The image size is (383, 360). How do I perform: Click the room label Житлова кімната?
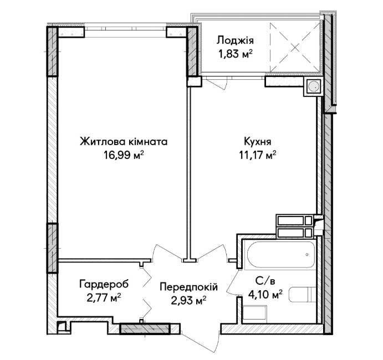click(x=124, y=142)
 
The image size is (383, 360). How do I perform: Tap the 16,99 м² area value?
click(x=124, y=155)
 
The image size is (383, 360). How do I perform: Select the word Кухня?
click(x=257, y=142)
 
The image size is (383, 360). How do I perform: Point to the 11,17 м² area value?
click(x=257, y=155)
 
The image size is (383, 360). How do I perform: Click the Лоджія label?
click(x=235, y=40)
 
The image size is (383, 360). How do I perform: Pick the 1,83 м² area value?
click(x=235, y=54)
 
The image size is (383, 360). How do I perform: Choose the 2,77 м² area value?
click(x=104, y=297)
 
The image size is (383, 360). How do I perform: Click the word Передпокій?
click(x=188, y=287)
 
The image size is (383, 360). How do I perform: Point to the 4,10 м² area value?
click(x=265, y=294)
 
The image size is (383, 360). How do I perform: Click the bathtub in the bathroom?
click(x=281, y=255)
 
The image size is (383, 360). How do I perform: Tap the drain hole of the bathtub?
click(x=307, y=255)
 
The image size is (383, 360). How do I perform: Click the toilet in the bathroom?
click(x=303, y=295)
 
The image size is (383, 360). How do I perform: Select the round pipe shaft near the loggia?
click(x=313, y=86)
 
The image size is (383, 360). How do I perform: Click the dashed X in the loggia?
click(x=295, y=48)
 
